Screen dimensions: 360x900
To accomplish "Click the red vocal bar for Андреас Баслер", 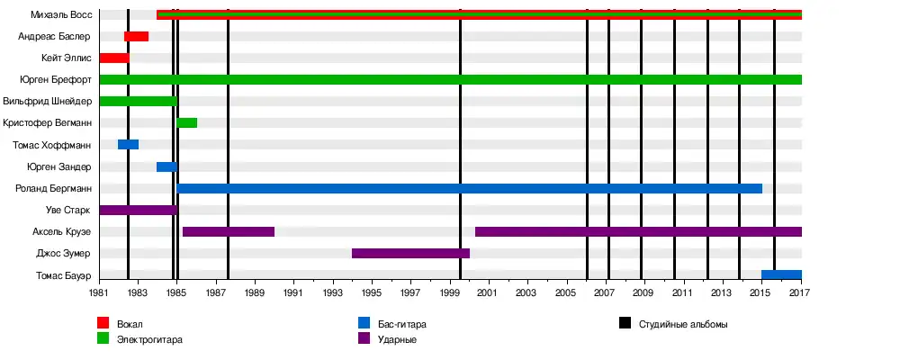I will [136, 36].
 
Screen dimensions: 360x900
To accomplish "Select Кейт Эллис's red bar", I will [114, 58].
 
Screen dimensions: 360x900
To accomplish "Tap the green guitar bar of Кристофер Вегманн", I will [187, 122].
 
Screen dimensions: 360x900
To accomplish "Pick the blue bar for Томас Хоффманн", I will [128, 145].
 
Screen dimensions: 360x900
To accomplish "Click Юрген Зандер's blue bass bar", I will [166, 166].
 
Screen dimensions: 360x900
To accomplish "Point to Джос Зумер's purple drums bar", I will [410, 253].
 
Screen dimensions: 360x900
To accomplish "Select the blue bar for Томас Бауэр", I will [781, 274].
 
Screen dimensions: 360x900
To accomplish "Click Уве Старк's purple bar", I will [139, 210].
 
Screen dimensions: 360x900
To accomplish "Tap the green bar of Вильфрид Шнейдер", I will [139, 101].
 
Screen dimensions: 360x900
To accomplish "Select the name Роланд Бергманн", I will [53, 188].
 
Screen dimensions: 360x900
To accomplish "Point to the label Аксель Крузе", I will [61, 231].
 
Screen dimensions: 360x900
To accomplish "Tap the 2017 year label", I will [800, 293].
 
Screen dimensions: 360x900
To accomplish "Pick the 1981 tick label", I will [100, 293].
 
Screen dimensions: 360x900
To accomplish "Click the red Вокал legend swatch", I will [103, 323].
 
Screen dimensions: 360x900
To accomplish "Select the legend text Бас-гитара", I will [401, 324].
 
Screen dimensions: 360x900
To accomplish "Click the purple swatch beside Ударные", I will [364, 338].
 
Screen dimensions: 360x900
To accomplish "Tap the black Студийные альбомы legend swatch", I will [625, 323].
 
